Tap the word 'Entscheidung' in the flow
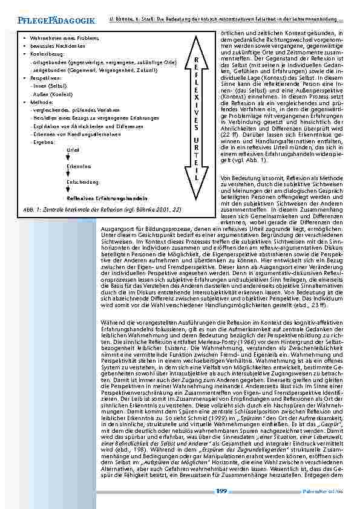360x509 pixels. click(82, 181)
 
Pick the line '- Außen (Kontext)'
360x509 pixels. click(51, 94)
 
